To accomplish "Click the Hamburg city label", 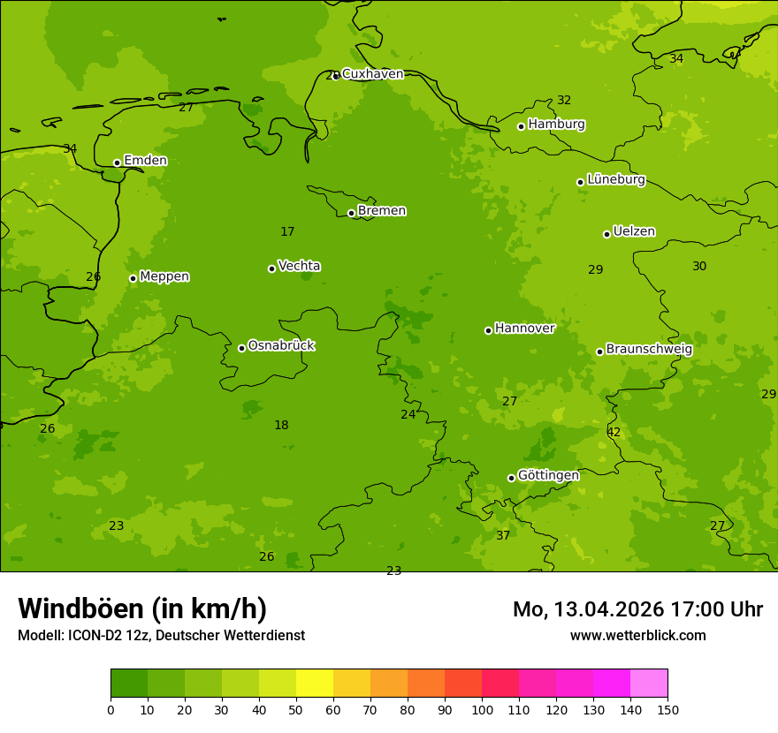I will [556, 125].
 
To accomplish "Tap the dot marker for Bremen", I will [351, 213].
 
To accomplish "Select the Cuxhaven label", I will [372, 74].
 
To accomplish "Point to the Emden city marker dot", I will [117, 162].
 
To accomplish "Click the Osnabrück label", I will [281, 345].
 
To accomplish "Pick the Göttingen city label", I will [548, 475].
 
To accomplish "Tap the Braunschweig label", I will [649, 350].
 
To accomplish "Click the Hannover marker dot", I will [488, 330].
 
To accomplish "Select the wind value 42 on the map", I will [614, 432].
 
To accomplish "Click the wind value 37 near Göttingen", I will [503, 535].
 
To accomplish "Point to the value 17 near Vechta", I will [287, 231].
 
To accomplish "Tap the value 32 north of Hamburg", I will [564, 100].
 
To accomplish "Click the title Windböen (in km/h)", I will [142, 608].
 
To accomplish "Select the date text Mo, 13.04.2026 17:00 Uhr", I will [637, 609].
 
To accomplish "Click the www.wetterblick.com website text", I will [637, 635].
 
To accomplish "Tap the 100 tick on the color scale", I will [482, 709].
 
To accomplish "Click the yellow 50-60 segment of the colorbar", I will [315, 684].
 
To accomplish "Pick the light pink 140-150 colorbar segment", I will [649, 684].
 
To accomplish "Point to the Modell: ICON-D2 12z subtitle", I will [161, 635].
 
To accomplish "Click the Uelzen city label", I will [634, 231].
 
